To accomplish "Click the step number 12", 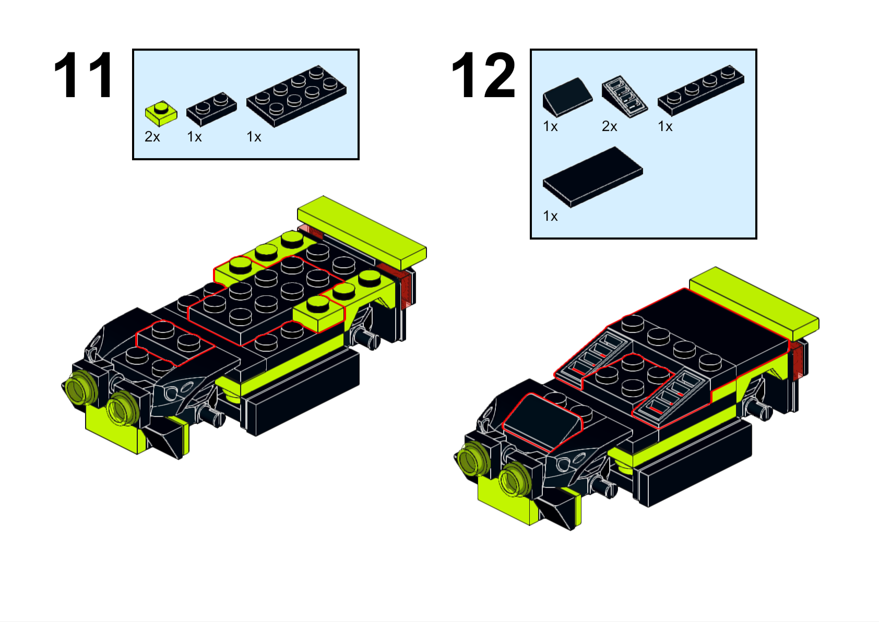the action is click(483, 75).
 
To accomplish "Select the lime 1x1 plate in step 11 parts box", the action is click(161, 113).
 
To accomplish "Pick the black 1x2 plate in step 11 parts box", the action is click(211, 109).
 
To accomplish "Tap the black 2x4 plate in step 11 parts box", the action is click(296, 96).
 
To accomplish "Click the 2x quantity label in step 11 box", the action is click(152, 137).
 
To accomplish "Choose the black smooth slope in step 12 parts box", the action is click(567, 97).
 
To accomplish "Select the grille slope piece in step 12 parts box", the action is click(624, 96).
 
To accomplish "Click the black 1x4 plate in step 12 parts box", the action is click(701, 91).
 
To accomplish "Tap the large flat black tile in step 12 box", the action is click(592, 177).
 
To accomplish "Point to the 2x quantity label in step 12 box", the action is click(610, 127).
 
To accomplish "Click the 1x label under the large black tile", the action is click(550, 216).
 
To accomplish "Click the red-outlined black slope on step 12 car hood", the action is click(542, 422).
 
